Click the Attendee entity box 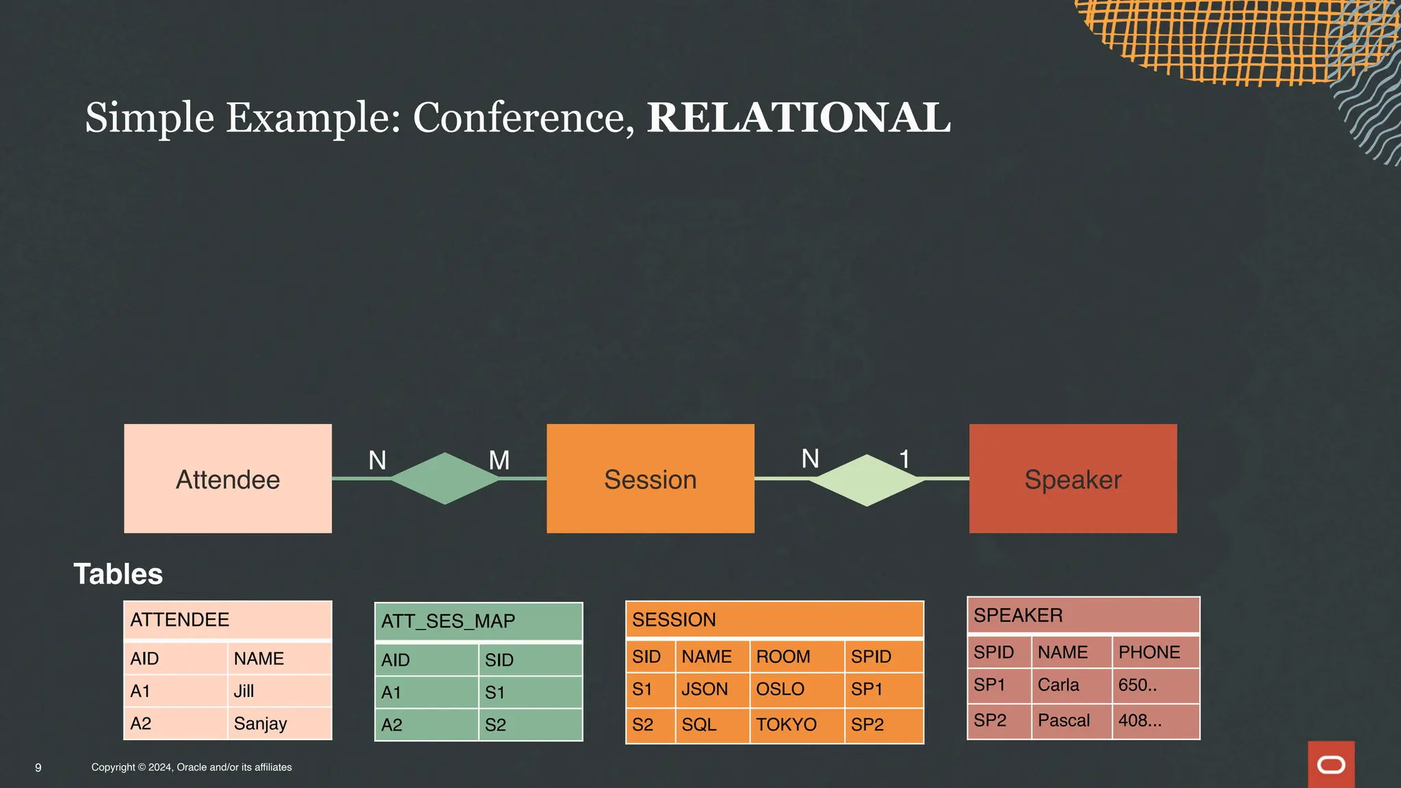[228, 479]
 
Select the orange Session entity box [650, 479]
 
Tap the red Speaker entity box [1073, 479]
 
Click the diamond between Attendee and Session [445, 479]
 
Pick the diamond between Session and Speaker [867, 480]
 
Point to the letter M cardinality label [499, 460]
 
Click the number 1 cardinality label [904, 459]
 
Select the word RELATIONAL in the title [798, 118]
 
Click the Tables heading [118, 574]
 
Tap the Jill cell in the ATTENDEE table [244, 691]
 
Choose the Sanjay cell [261, 724]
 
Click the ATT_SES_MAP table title [448, 621]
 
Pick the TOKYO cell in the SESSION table [786, 724]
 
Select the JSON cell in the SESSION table [705, 689]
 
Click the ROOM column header [783, 657]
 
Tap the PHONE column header [1149, 652]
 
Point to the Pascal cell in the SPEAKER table [1064, 720]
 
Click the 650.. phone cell [1138, 685]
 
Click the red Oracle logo [1331, 764]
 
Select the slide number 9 [38, 767]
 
